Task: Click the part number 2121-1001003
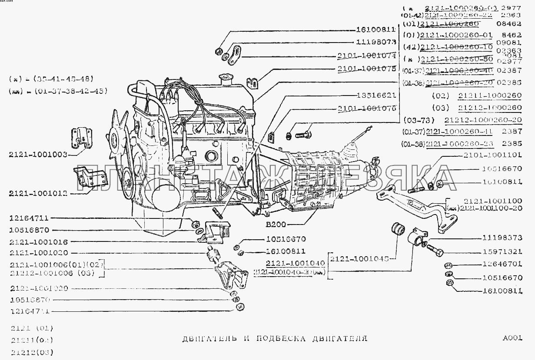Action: click(37, 154)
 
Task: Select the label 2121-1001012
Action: click(37, 194)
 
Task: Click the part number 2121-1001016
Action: click(37, 242)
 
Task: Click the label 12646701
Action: click(502, 264)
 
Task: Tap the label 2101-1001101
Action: click(492, 155)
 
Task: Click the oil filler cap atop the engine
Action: click(226, 78)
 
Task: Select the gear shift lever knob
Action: click(368, 127)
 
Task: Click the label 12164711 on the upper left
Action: click(29, 218)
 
